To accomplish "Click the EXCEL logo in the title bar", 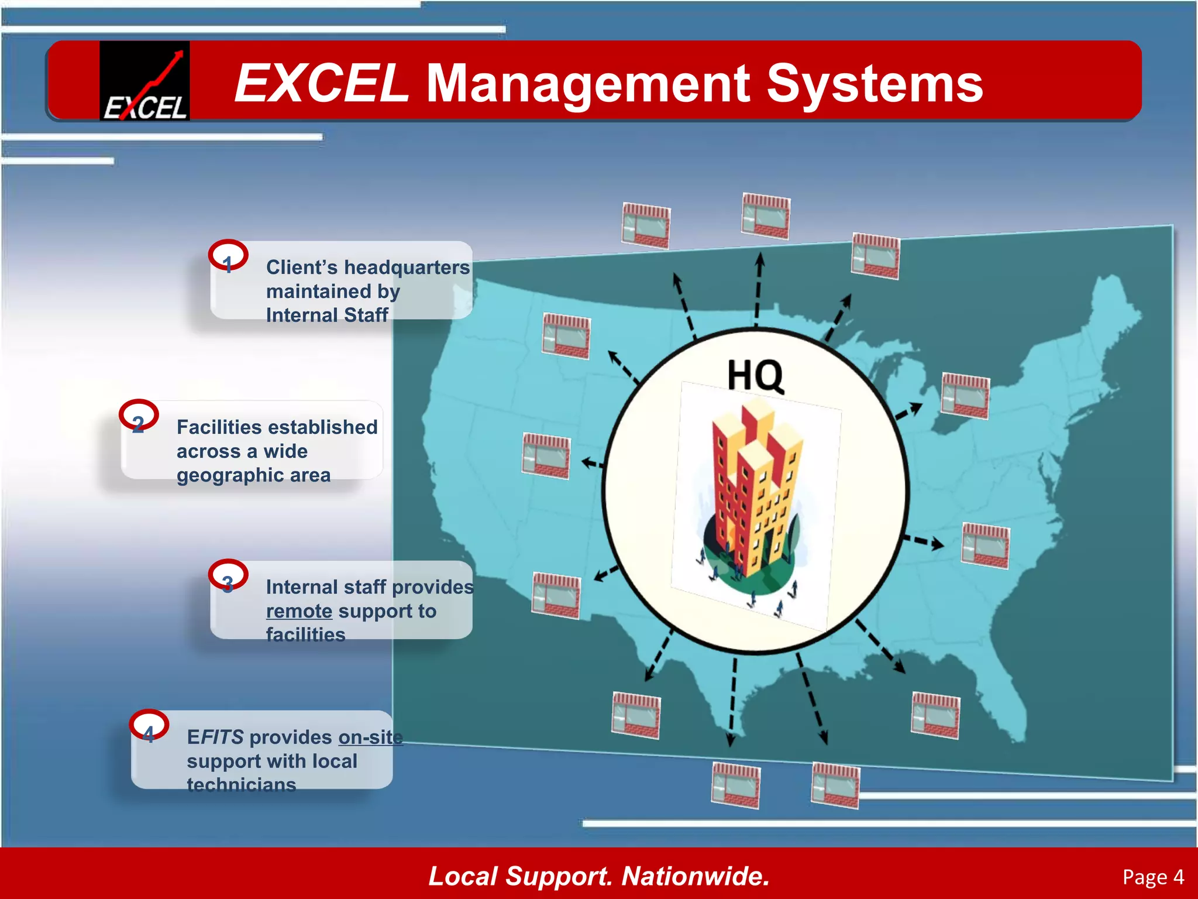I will pos(144,81).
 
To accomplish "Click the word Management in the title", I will pos(587,85).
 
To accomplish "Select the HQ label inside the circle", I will pos(755,375).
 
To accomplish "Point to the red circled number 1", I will pos(228,256).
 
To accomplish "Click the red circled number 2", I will pos(139,416).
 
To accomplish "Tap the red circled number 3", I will pos(228,576).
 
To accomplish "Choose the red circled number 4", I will pos(149,726).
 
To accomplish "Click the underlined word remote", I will pos(299,611).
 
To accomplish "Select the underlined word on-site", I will pos(370,737).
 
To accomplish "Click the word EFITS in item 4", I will pos(215,737).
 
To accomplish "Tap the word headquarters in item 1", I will pos(406,267).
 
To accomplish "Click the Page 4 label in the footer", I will pos(1153,877).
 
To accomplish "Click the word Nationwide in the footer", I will pos(695,876).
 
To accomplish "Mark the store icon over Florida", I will pos(935,715).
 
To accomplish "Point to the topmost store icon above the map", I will pos(766,215).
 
